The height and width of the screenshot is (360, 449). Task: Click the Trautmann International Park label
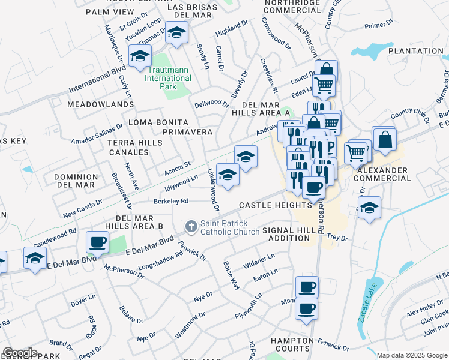(168, 79)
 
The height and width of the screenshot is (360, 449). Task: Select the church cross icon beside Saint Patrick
(191, 227)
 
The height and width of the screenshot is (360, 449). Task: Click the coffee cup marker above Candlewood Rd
(97, 243)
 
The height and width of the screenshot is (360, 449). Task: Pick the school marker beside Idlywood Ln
(228, 175)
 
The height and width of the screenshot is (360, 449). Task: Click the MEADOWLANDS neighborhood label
(100, 104)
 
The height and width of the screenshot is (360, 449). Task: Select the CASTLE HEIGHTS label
(275, 205)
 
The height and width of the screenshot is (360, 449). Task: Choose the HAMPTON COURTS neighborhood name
(292, 344)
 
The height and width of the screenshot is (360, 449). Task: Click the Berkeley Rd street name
(171, 201)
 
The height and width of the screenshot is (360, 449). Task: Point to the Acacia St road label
(178, 164)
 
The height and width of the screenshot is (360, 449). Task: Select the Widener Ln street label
(259, 261)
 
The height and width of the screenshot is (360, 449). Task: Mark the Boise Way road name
(232, 275)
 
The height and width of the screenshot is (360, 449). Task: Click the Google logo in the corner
(19, 353)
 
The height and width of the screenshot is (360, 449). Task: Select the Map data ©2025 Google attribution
(412, 355)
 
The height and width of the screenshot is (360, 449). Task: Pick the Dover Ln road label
(83, 298)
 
